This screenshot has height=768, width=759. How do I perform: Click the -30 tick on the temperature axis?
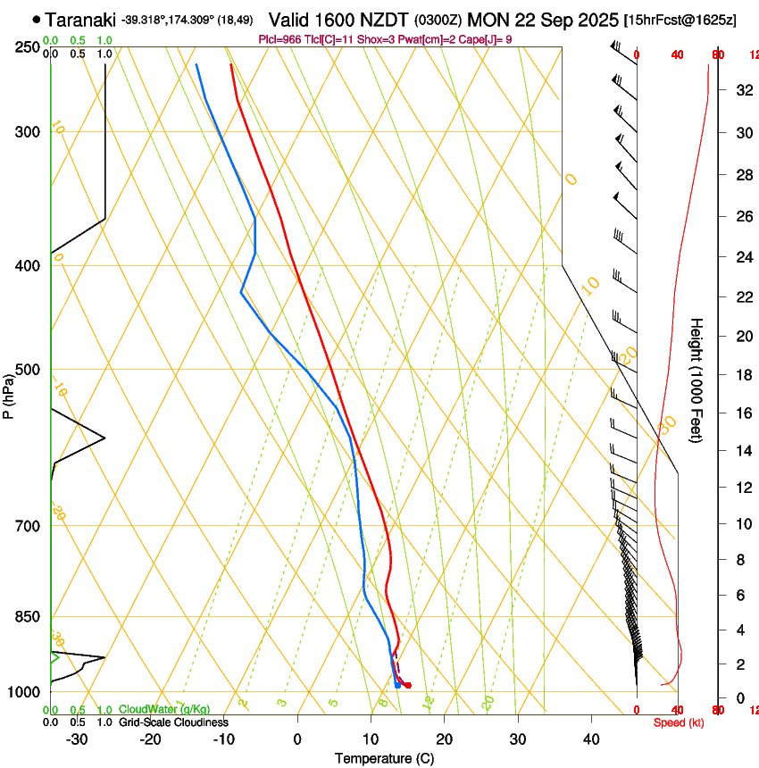(77, 739)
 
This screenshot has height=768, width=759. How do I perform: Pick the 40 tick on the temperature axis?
(590, 739)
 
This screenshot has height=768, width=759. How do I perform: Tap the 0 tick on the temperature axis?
(297, 739)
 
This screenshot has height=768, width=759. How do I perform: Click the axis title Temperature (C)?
(384, 759)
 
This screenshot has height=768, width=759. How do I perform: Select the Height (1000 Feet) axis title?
(696, 380)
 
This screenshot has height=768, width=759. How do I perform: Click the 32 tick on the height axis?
(743, 90)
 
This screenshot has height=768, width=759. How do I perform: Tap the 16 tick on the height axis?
(743, 413)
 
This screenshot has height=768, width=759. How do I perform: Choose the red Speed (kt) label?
(678, 722)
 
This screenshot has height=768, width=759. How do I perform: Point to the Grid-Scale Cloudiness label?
(173, 722)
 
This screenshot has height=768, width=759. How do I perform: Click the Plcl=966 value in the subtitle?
(280, 39)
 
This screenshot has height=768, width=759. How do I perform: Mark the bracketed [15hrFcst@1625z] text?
(680, 20)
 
